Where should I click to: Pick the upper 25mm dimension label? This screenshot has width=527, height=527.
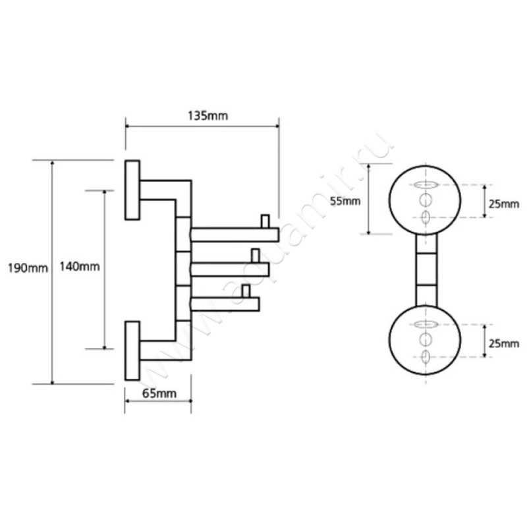505,204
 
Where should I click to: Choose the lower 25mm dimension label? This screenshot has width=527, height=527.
505,343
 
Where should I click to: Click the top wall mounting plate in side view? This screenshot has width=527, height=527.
132,190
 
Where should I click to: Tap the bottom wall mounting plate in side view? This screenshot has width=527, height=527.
132,350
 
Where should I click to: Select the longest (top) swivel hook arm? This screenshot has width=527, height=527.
234,234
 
